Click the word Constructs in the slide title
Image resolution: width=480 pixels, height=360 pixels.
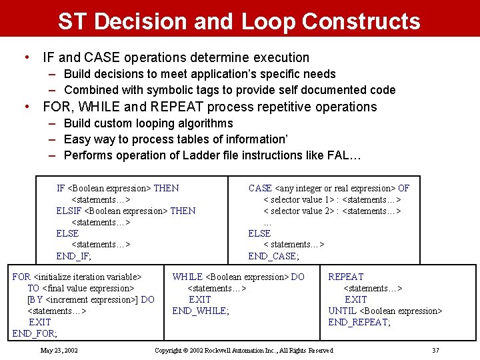361,21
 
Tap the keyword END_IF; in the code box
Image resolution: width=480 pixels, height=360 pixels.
74,256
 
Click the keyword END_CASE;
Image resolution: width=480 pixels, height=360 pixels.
273,256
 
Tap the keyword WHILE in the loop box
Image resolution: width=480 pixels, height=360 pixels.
188,277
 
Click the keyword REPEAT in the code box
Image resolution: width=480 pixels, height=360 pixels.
346,277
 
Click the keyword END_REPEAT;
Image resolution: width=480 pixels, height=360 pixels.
359,322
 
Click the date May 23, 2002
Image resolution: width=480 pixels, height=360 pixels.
59,350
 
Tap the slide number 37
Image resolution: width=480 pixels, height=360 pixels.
435,350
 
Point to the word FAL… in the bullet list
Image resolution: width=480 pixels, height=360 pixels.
345,155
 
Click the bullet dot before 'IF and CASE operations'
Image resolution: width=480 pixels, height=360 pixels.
26,57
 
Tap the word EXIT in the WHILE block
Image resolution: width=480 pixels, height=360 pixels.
200,299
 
